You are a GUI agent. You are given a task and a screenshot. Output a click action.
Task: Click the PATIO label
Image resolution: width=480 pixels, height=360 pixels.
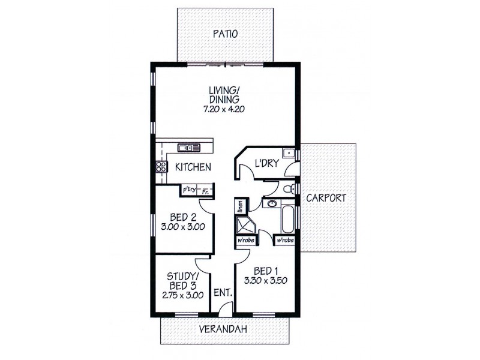point(225,34)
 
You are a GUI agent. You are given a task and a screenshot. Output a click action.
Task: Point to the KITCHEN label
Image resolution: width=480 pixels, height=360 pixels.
point(193,167)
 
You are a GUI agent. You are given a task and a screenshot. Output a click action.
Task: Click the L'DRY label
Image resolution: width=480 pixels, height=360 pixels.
point(265,163)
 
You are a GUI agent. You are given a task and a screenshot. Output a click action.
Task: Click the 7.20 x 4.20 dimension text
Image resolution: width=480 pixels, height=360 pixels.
point(225,110)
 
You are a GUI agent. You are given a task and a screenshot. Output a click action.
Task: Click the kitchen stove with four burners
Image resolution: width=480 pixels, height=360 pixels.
point(161,167)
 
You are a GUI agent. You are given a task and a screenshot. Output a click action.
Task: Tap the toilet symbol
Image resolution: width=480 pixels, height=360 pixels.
point(290,189)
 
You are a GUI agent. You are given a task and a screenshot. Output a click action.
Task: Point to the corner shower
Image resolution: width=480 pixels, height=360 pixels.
point(246,226)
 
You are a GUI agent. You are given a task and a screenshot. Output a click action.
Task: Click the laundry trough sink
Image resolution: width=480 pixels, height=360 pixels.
point(289,152)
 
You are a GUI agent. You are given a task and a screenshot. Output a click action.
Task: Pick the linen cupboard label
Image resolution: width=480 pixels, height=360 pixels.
point(239,207)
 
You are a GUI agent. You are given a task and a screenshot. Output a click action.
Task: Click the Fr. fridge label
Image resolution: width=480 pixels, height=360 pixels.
point(205,191)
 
